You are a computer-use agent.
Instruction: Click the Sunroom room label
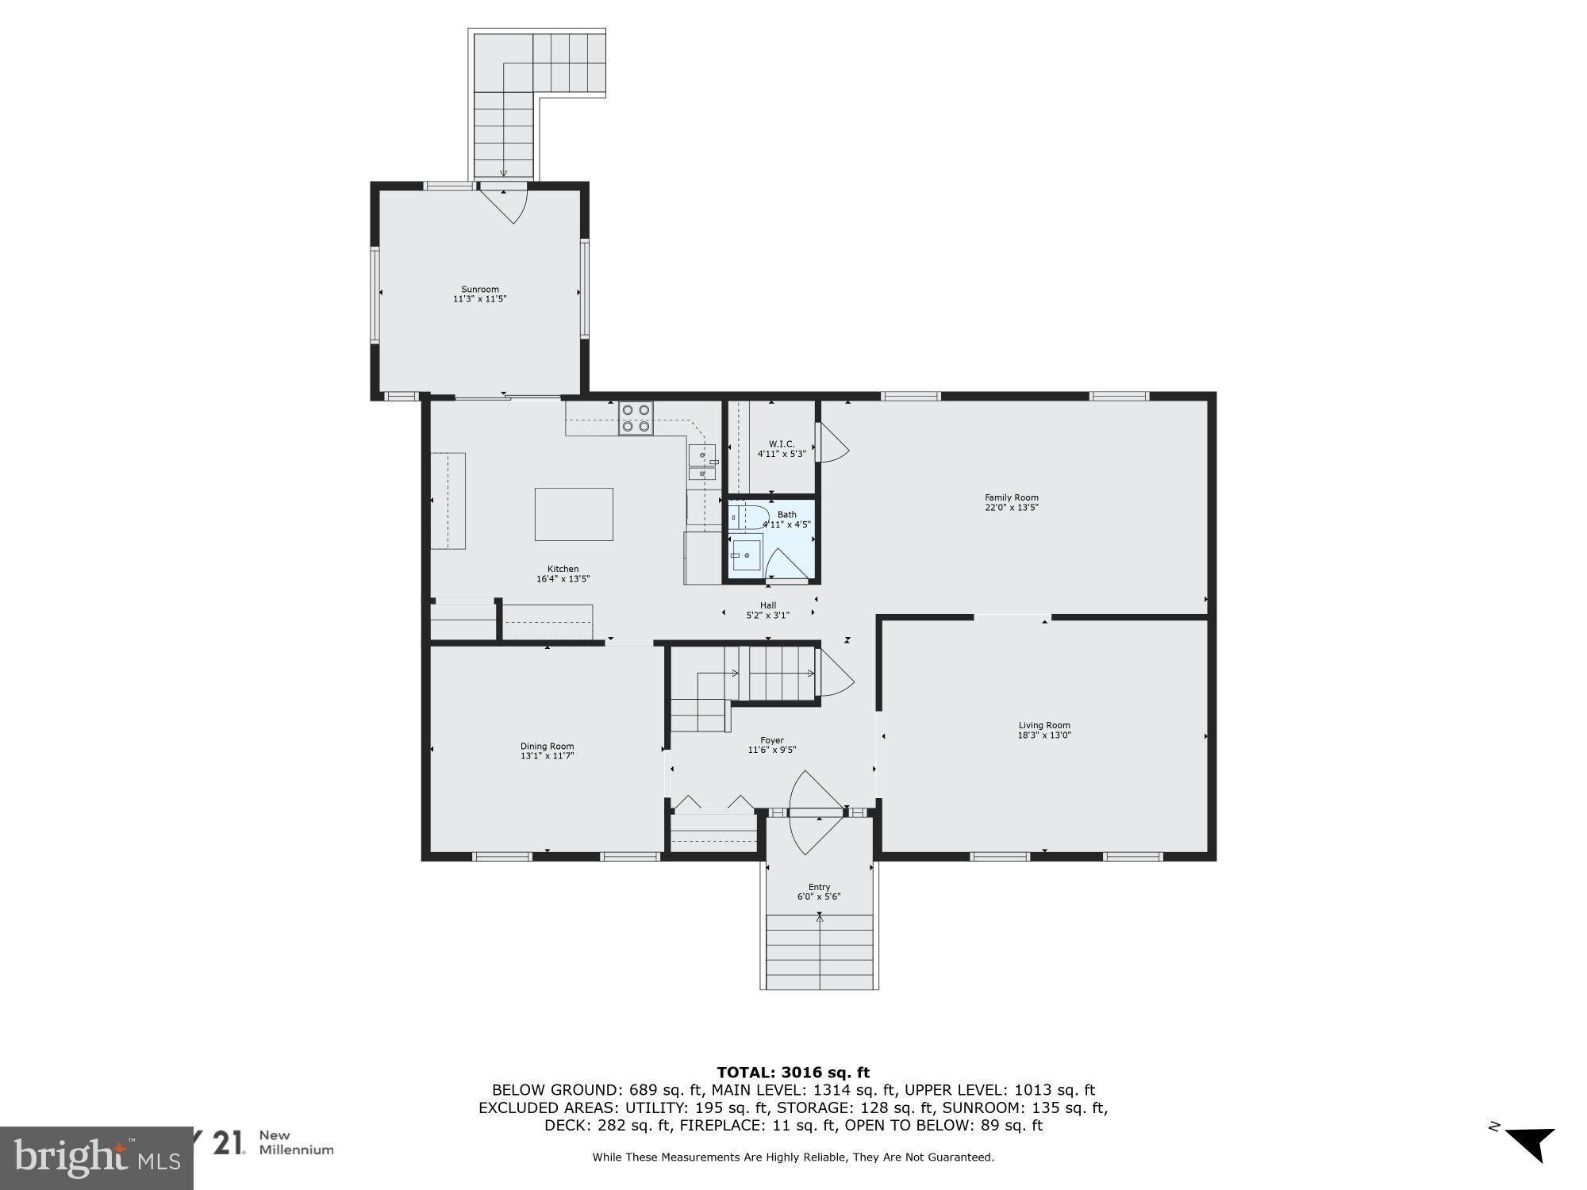479,294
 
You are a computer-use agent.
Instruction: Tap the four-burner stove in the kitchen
636,418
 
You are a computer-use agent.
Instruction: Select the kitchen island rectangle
574,514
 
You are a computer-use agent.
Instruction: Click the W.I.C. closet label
782,449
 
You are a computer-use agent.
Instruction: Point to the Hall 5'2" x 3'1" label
767,610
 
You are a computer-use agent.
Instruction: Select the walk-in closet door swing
833,443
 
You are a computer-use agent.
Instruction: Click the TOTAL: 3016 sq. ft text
793,1073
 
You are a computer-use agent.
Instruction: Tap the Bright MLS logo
96,1157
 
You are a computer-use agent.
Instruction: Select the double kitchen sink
701,464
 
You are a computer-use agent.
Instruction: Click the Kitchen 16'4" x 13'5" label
563,574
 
